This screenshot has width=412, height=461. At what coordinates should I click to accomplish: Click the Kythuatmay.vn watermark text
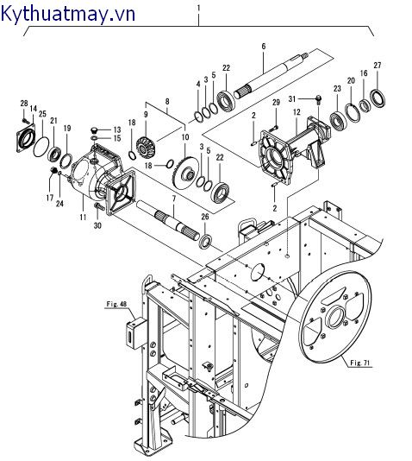(68, 14)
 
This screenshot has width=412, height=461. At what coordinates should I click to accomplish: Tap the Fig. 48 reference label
(116, 304)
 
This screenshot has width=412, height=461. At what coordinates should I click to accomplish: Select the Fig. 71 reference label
(360, 363)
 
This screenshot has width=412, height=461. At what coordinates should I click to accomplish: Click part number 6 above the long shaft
(263, 46)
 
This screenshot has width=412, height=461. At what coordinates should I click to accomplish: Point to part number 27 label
(377, 65)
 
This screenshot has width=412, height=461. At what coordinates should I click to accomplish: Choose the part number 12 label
(297, 112)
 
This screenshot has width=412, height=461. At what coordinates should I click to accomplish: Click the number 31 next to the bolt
(291, 99)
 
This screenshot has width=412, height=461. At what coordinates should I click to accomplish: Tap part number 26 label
(205, 217)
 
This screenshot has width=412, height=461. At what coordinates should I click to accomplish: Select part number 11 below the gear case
(83, 217)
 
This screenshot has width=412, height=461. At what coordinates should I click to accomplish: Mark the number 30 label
(97, 225)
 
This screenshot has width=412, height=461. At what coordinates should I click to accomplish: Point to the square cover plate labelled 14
(26, 138)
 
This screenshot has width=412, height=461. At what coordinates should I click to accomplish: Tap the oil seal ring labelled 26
(205, 239)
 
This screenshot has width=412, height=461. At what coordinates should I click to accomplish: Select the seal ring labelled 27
(378, 98)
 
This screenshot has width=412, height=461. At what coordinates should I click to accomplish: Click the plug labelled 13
(95, 129)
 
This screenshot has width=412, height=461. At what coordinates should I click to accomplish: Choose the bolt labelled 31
(319, 99)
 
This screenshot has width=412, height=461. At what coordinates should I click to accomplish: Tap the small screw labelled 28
(24, 120)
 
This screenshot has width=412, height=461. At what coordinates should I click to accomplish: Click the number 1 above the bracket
(198, 9)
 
